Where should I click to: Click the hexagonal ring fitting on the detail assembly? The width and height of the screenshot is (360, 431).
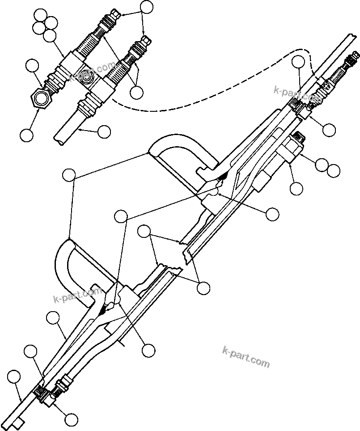[x=42, y=97]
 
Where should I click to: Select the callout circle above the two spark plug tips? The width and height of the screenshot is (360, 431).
[x=147, y=8]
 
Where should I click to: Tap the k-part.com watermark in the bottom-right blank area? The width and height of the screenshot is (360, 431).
[x=246, y=356]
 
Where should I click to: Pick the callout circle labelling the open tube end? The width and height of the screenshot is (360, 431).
[x=104, y=131]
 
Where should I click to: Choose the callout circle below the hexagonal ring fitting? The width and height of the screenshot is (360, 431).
[x=27, y=135]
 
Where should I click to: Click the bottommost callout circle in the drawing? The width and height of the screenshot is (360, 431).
[x=71, y=419]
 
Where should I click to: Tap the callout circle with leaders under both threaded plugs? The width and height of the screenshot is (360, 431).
[x=137, y=92]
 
